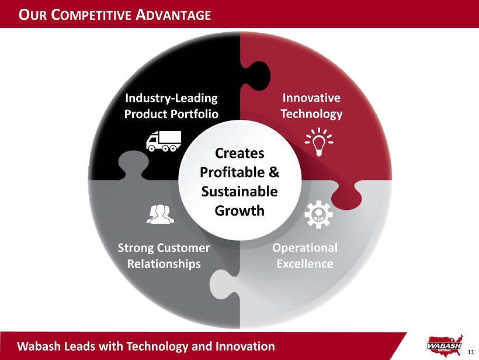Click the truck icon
pyautogui.click(x=164, y=141)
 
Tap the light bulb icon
pyautogui.click(x=319, y=142)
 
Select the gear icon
pyautogui.click(x=318, y=214)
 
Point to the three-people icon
pyautogui.click(x=161, y=214)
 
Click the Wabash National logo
pyautogui.click(x=445, y=345)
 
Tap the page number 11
pyautogui.click(x=471, y=352)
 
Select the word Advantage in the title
pyautogui.click(x=173, y=15)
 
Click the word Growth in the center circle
pyautogui.click(x=239, y=211)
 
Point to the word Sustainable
pyautogui.click(x=239, y=192)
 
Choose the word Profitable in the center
pyautogui.click(x=232, y=172)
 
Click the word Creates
pyautogui.click(x=239, y=153)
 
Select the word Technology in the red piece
pyautogui.click(x=311, y=114)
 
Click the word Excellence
pyautogui.click(x=305, y=264)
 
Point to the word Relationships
pyautogui.click(x=164, y=264)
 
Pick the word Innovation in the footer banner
pyautogui.click(x=245, y=346)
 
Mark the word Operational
pyautogui.click(x=305, y=248)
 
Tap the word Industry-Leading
pyautogui.click(x=171, y=98)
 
